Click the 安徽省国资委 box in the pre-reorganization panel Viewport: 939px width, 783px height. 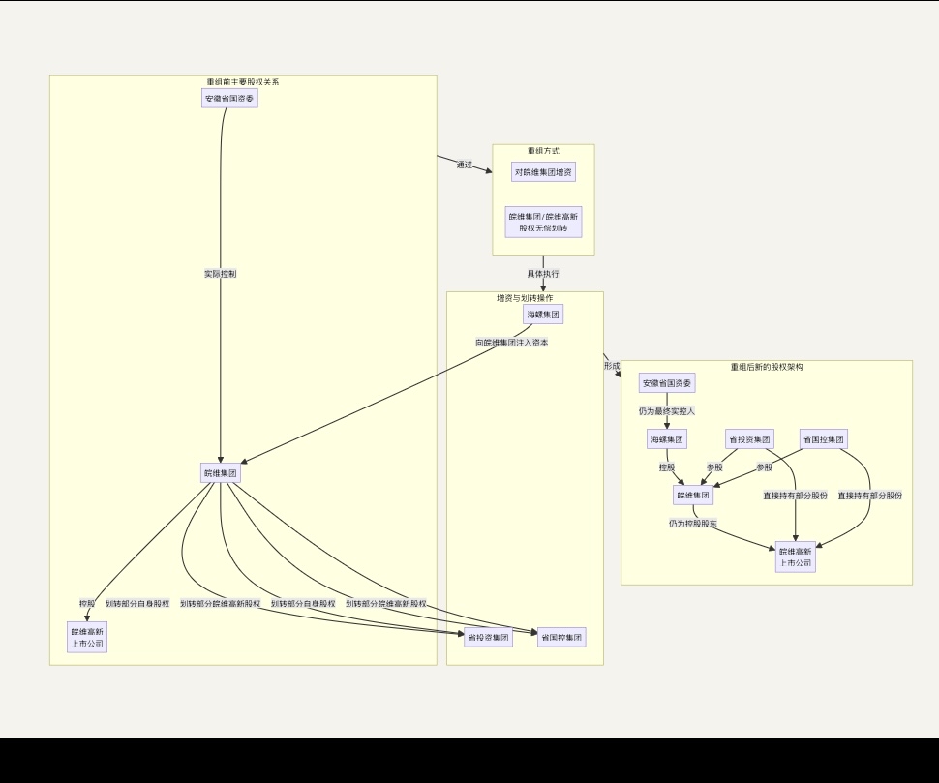230,98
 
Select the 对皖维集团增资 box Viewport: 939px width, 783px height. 543,172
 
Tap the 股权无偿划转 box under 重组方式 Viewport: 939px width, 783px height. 543,223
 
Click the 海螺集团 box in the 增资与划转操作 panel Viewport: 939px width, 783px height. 543,315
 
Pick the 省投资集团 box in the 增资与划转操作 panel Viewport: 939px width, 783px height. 488,638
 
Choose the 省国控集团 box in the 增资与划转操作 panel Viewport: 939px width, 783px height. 561,638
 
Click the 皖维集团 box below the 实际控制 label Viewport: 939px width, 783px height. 220,473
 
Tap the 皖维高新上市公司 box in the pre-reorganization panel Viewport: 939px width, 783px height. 87,637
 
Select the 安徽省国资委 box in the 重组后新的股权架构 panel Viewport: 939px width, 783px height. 667,383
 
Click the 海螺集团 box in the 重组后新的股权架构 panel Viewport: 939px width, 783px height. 667,439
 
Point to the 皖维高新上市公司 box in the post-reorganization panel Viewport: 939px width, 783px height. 796,557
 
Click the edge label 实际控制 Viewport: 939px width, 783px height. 220,274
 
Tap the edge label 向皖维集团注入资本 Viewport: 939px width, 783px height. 512,343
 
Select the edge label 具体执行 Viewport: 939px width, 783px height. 543,274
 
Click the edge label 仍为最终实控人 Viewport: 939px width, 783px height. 667,411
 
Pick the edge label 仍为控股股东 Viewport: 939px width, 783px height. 692,524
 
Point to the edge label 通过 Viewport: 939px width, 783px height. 465,165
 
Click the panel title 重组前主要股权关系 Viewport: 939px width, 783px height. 243,82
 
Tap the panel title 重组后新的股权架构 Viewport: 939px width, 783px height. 767,367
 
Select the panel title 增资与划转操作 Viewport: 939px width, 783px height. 525,298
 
